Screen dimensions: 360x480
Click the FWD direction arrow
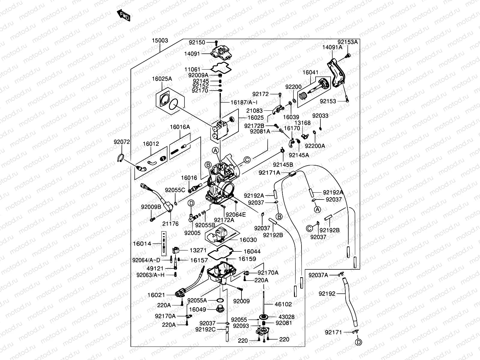click(x=123, y=16)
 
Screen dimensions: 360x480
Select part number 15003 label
click(x=160, y=40)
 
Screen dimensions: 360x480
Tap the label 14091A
click(x=332, y=47)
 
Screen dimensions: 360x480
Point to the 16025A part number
click(x=162, y=79)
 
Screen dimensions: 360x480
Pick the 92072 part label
click(x=121, y=142)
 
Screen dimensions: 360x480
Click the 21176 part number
click(x=170, y=224)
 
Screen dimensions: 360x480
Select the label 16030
click(x=248, y=240)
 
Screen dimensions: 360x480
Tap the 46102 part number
click(x=283, y=304)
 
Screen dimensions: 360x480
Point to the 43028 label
click(x=286, y=317)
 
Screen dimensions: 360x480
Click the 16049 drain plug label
click(x=198, y=310)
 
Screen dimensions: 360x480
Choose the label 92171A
click(x=269, y=172)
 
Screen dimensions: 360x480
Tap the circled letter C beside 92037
click(x=310, y=229)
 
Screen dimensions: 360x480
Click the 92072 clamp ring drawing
click(x=121, y=157)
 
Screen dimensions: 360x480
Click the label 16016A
click(x=180, y=127)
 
